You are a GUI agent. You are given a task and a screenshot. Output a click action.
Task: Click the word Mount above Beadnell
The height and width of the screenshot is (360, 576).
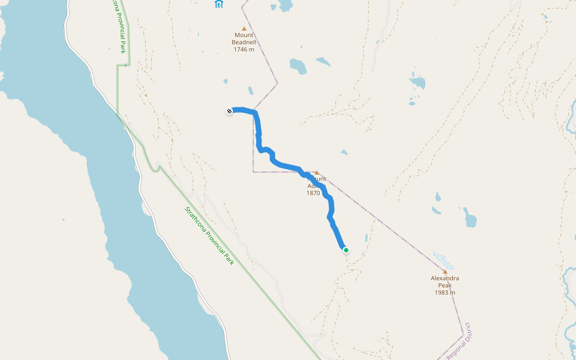tap(244, 35)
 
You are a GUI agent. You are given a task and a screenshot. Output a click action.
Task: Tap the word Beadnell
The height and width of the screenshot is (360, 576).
tap(244, 43)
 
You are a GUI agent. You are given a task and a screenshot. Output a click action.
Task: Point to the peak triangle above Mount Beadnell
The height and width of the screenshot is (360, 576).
tap(244, 28)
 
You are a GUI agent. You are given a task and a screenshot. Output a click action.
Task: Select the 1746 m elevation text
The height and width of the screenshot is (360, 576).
tap(244, 50)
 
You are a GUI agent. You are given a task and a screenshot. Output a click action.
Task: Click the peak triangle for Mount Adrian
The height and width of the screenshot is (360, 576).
tap(316, 173)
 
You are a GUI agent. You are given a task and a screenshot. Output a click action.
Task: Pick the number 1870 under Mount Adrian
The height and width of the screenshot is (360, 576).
tap(313, 193)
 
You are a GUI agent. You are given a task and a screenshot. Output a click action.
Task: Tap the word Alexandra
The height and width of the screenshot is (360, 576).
tap(445, 278)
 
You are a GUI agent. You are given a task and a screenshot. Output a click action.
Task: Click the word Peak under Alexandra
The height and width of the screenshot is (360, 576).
tap(445, 286)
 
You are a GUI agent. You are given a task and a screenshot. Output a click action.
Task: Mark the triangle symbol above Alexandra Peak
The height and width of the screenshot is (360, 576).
tap(445, 271)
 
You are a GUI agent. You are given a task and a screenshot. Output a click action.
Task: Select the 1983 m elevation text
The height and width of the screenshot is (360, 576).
tap(445, 293)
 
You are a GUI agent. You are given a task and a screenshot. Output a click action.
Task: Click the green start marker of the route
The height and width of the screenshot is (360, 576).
tap(346, 250)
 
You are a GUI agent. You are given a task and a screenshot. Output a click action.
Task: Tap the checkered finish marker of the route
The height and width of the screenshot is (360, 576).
tap(229, 110)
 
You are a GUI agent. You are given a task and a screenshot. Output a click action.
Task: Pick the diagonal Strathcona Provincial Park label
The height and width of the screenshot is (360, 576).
tap(209, 236)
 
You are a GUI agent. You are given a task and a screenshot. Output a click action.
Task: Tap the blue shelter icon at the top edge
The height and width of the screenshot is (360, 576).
tap(218, 4)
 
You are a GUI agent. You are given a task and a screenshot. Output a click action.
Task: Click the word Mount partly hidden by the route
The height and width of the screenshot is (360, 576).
tap(318, 179)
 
